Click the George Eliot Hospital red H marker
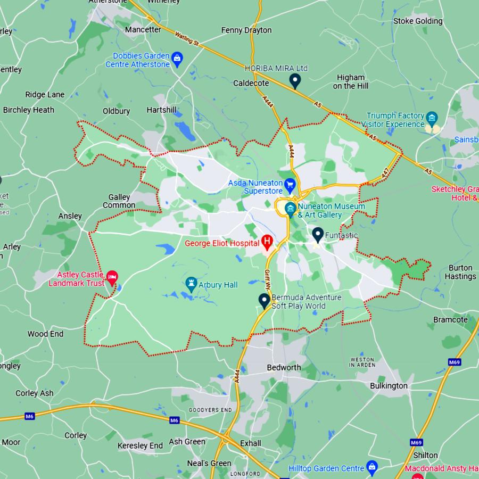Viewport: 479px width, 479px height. [x=267, y=243]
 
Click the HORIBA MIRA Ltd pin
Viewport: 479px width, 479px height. [x=295, y=80]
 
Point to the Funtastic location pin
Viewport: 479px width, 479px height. [x=318, y=234]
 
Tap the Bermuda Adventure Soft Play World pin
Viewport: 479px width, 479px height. [x=264, y=300]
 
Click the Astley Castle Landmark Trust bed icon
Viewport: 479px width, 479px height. [x=112, y=277]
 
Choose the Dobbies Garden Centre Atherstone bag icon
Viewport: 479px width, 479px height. [x=177, y=58]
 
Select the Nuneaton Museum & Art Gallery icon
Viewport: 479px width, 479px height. [x=290, y=208]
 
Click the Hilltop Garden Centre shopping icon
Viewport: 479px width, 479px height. [x=372, y=467]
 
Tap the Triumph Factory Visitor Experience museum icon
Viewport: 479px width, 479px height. [x=432, y=117]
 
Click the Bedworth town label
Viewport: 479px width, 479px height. [x=284, y=368]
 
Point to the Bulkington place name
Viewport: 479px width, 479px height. [x=389, y=386]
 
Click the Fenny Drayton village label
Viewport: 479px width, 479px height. [x=246, y=30]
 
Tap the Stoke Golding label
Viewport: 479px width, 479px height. [x=418, y=21]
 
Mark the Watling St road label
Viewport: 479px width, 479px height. [x=187, y=39]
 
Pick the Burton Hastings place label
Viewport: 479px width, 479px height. [x=460, y=272]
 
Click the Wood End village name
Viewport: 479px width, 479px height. [x=45, y=334]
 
